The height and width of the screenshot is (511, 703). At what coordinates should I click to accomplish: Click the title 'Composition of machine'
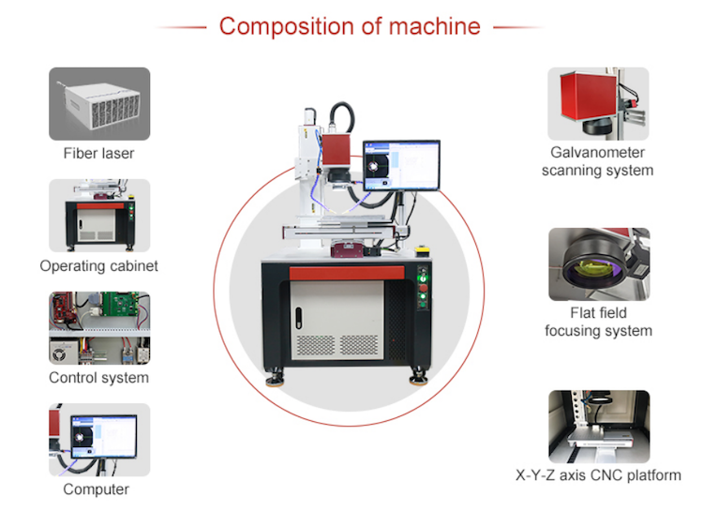(x=350, y=25)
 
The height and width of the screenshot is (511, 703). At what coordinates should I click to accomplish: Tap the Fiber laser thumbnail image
(x=99, y=103)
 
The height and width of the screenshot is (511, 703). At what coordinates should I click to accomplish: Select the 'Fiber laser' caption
(x=99, y=153)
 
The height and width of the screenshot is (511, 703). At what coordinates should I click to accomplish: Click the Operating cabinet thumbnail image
(x=99, y=216)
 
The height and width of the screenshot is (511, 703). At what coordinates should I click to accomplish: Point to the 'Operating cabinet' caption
(x=99, y=265)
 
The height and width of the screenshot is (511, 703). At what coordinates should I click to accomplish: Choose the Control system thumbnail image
(x=99, y=328)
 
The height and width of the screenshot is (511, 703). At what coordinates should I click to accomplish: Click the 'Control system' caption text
(x=99, y=378)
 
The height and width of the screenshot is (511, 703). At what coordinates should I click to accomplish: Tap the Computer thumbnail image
(x=99, y=440)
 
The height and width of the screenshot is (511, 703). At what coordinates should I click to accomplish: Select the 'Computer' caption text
(x=97, y=488)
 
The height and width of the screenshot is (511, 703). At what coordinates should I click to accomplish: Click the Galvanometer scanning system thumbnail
(x=598, y=103)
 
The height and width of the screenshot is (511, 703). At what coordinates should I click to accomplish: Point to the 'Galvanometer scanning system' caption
(x=597, y=161)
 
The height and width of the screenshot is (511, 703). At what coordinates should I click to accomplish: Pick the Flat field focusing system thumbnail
(x=598, y=263)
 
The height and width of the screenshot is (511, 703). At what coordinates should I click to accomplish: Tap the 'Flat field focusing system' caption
(x=598, y=322)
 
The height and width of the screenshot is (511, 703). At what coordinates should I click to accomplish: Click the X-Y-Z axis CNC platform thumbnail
(x=598, y=427)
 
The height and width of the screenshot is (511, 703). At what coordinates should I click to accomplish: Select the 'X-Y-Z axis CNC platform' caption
(x=598, y=475)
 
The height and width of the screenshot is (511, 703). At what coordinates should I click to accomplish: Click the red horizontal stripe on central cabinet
(x=347, y=273)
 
